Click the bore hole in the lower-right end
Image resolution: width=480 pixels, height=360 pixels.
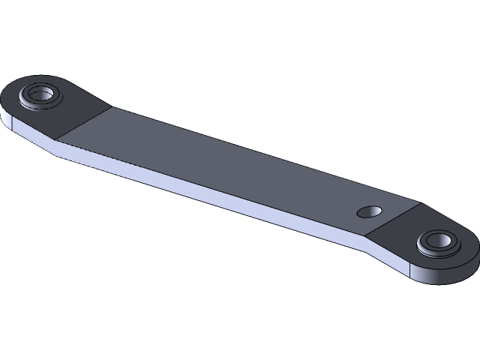437,241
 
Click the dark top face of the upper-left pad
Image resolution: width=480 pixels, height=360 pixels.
75,105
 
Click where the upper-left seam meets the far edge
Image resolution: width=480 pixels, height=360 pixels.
111,107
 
